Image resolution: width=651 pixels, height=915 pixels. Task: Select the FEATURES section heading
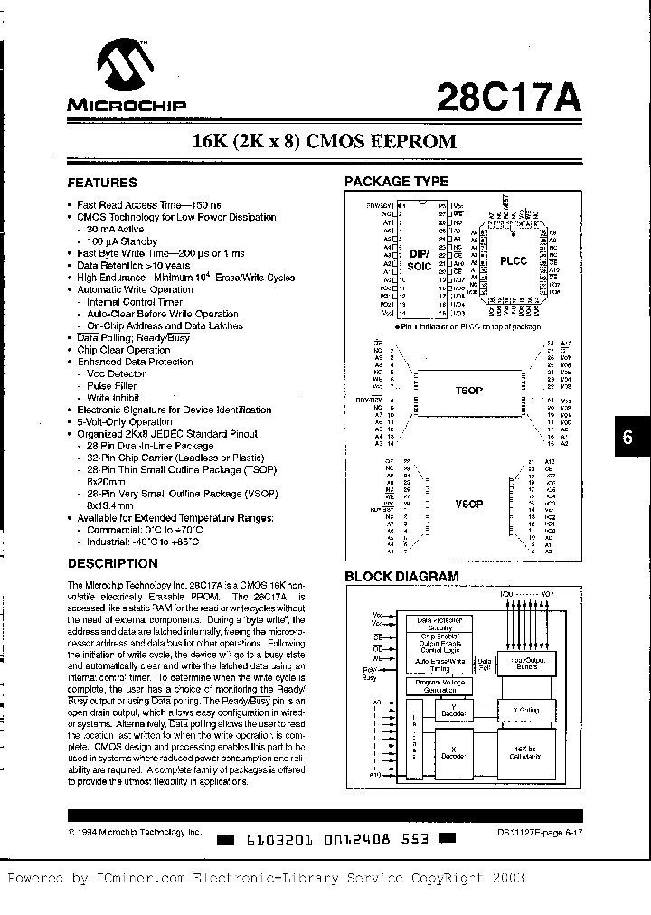click(103, 183)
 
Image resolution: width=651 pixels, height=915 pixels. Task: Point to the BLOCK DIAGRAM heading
click(401, 576)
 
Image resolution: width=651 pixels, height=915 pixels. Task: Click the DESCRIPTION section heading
click(113, 562)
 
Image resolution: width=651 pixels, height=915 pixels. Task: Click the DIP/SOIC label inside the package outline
click(418, 260)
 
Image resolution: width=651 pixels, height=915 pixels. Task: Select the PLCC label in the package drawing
click(514, 259)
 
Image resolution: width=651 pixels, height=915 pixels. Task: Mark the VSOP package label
click(468, 504)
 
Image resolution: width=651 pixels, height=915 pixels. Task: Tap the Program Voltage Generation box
click(439, 686)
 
